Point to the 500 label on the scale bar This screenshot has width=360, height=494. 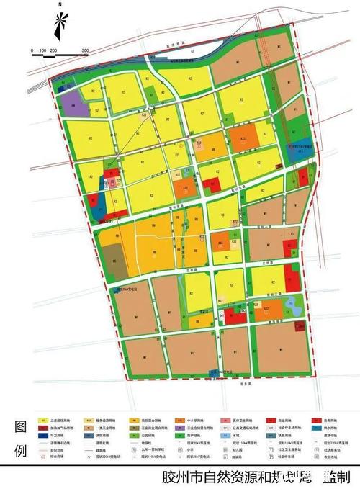84,50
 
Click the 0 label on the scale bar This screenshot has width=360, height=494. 32,50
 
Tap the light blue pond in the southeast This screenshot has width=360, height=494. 292,305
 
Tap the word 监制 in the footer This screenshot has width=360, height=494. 337,477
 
